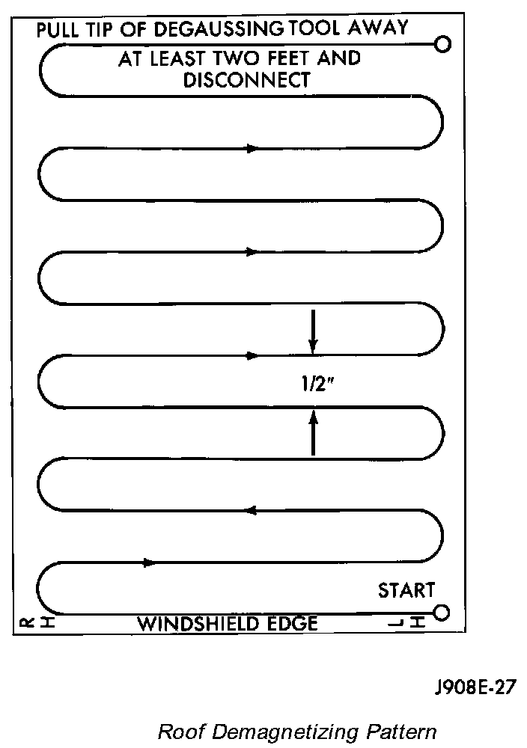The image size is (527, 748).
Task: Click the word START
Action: tap(406, 590)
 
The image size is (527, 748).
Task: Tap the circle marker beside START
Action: tap(441, 613)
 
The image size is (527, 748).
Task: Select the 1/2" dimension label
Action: tap(313, 384)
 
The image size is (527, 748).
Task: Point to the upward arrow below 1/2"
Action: tap(313, 432)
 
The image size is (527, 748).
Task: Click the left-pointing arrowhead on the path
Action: tap(252, 510)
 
